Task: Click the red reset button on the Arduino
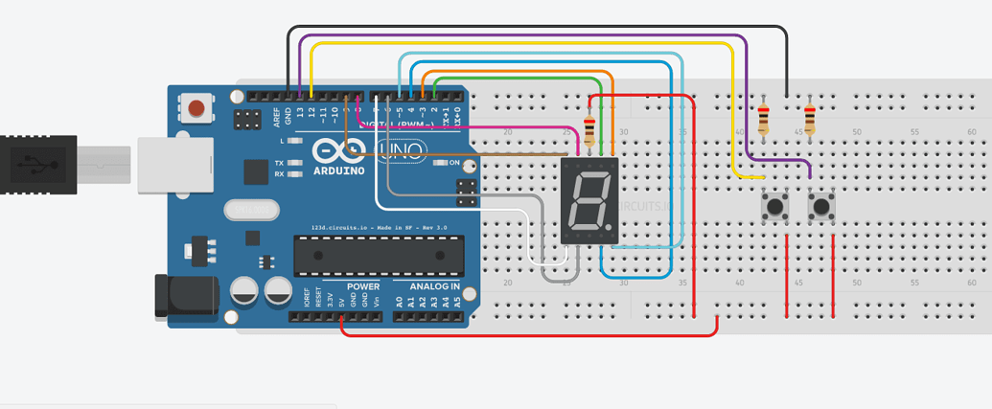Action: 197,107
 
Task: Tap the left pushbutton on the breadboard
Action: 774,206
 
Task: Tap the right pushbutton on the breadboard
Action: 821,206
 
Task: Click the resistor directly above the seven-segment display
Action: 588,125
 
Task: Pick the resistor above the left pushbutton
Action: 763,120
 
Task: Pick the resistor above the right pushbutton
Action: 810,120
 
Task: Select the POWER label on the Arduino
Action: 363,286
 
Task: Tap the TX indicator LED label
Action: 279,163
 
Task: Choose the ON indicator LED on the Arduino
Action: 441,163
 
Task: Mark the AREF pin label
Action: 277,117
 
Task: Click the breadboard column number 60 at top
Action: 972,131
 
